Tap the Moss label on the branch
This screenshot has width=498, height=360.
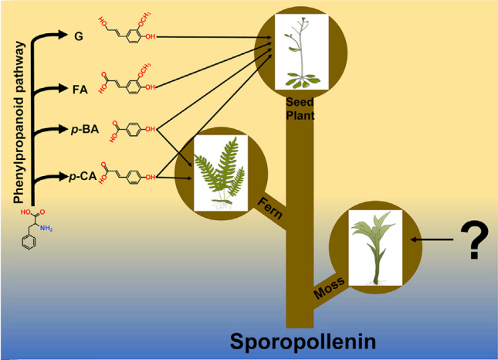(328, 287)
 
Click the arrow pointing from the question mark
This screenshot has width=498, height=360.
(428, 240)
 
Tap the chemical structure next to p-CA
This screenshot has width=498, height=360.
(129, 176)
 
